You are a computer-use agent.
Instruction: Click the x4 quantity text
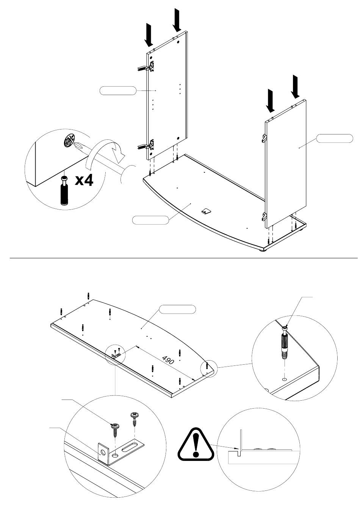pos(84,181)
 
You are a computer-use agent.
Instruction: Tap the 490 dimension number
pos(168,359)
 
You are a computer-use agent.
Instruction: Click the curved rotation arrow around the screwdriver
pos(105,151)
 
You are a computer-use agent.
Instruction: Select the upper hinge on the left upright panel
pos(147,66)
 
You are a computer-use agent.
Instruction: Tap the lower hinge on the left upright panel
pos(147,146)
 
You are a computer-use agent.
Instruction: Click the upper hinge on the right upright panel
pos(264,138)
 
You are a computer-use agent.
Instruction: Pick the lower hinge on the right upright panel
pos(264,216)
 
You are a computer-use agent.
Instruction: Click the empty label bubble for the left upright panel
pos(118,91)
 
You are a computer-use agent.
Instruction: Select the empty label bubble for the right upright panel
pos(335,138)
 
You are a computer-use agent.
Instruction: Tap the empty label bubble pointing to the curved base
pos(150,220)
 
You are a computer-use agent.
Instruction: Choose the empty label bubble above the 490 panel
pos(177,309)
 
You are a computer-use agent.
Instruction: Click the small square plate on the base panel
pos(206,211)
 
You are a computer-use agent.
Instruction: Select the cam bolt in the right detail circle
pos(285,342)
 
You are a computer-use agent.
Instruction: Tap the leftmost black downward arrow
pos(149,35)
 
